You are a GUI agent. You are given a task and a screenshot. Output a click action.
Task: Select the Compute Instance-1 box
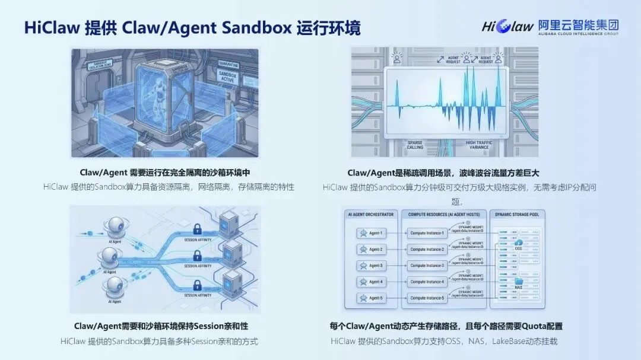(427, 233)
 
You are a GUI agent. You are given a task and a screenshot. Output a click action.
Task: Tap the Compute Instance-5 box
(427, 298)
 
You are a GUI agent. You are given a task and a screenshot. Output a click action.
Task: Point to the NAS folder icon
(518, 283)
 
